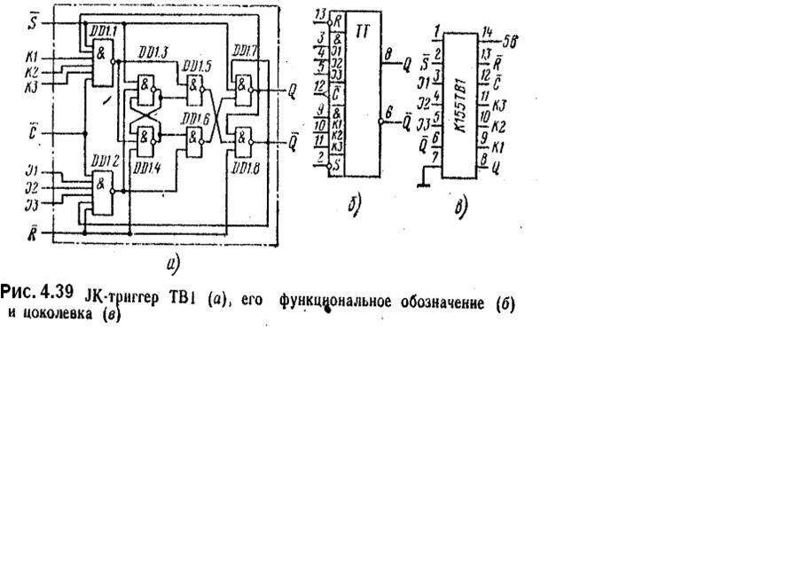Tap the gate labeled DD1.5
click(x=192, y=86)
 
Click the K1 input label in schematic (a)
click(x=31, y=56)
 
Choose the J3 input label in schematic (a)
click(x=31, y=205)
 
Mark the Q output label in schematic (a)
click(x=294, y=90)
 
